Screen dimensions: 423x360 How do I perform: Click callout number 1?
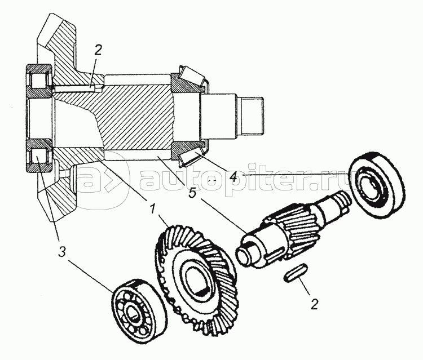point(153,209)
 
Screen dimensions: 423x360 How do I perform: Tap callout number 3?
point(62,252)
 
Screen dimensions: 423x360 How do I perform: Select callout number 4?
point(233,176)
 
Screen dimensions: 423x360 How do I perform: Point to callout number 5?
point(192,193)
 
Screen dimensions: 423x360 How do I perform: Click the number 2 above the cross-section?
point(98,50)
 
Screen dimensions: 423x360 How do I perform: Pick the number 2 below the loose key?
point(314,304)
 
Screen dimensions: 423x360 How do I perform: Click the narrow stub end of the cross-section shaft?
point(252,115)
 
